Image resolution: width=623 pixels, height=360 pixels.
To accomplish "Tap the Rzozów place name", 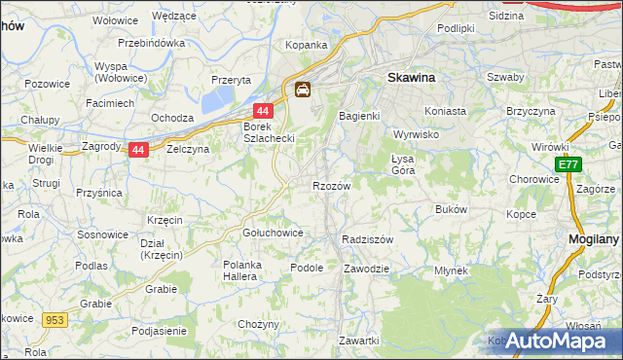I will point(331,185).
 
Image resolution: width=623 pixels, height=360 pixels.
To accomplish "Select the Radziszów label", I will point(368,239).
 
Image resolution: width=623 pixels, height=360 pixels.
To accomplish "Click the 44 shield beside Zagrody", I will point(138,150).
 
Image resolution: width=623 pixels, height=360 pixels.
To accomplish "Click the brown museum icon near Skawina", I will point(304,90).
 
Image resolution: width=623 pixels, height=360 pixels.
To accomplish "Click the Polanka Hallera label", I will point(252,270).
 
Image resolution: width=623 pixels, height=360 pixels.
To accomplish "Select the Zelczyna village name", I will point(189,150).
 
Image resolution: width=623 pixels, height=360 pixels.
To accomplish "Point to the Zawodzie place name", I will point(367,268).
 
